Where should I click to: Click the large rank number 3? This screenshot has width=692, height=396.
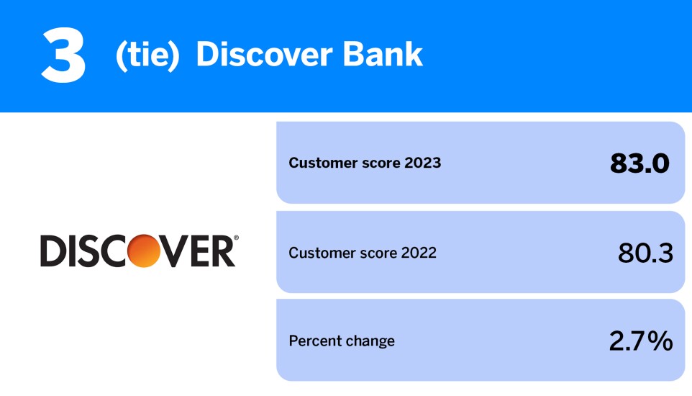(x=63, y=56)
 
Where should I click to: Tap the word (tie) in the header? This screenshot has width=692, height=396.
(x=147, y=55)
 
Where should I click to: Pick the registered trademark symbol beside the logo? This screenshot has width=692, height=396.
(x=237, y=238)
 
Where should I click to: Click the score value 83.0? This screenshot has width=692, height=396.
(x=639, y=163)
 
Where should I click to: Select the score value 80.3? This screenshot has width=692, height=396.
(x=645, y=253)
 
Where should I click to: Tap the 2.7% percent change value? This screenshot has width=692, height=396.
(x=641, y=341)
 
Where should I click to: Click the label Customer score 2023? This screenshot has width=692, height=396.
(x=365, y=163)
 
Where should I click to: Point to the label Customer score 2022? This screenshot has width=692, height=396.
(x=363, y=253)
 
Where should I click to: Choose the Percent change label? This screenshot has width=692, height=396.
(x=342, y=341)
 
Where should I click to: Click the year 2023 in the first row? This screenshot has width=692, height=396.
(x=422, y=163)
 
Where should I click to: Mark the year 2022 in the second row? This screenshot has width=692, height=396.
(x=418, y=253)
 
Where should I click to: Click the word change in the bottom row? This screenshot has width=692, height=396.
(x=370, y=341)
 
